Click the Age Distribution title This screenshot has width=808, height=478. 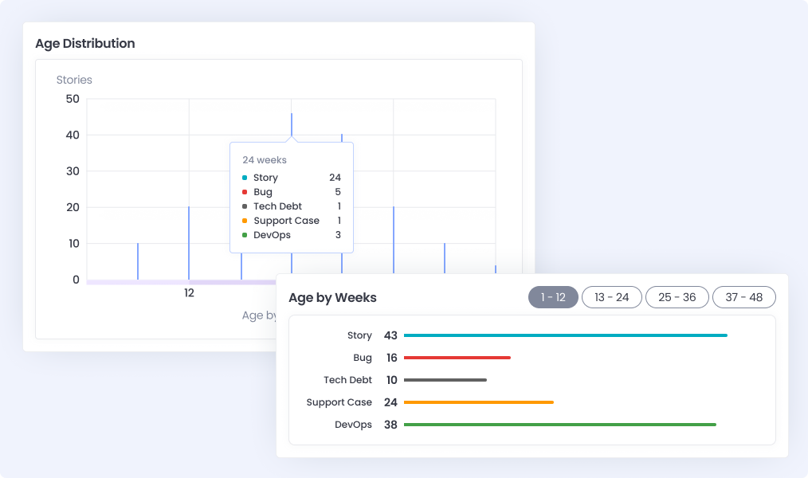[x=85, y=44]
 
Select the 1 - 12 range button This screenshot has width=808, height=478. [x=553, y=297]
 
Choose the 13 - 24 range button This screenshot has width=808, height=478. [x=612, y=297]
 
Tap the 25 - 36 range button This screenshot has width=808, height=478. [x=677, y=297]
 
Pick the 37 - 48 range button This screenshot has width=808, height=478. [x=744, y=297]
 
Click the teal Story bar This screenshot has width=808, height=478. [x=565, y=335]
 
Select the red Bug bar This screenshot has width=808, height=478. [x=457, y=358]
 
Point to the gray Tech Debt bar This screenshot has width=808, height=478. [x=445, y=380]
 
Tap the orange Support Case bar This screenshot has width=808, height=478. [x=478, y=402]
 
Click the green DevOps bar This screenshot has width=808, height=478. [x=559, y=425]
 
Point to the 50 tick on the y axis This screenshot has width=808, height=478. [x=73, y=99]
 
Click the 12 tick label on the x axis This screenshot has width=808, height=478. [x=189, y=293]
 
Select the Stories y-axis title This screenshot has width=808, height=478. [x=74, y=80]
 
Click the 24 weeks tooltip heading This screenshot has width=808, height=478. [x=265, y=160]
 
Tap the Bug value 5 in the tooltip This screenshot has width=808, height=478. [x=338, y=192]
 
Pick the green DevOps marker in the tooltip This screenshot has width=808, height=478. [x=245, y=235]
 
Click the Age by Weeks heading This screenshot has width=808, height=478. [x=332, y=298]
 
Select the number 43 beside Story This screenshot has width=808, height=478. [x=390, y=335]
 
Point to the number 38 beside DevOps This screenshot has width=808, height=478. [x=390, y=425]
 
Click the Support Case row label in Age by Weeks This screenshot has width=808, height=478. [x=339, y=402]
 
